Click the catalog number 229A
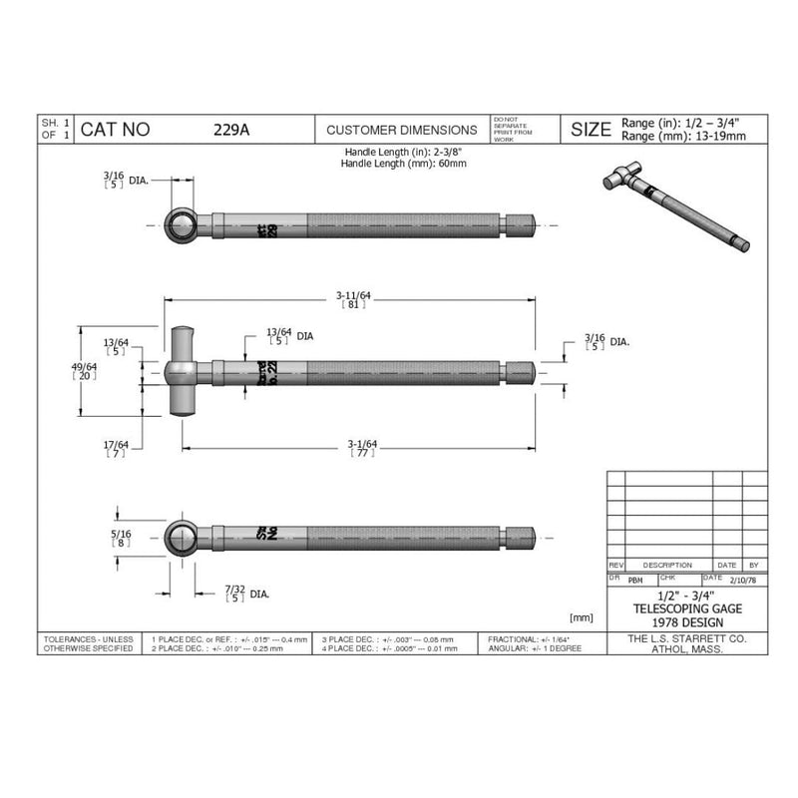tap(224, 130)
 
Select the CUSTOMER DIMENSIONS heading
tap(402, 130)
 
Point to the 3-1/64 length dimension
tap(361, 447)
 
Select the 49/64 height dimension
tap(90, 372)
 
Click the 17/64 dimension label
tap(116, 448)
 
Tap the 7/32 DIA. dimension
tap(242, 594)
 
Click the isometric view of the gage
tap(674, 210)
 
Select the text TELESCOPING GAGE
tap(687, 607)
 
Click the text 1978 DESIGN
tap(687, 621)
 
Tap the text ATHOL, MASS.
tap(687, 648)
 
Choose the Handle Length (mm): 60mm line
tap(405, 163)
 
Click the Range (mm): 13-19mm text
tap(683, 136)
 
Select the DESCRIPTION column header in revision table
tap(667, 565)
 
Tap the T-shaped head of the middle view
tap(181, 370)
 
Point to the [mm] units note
tap(582, 618)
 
